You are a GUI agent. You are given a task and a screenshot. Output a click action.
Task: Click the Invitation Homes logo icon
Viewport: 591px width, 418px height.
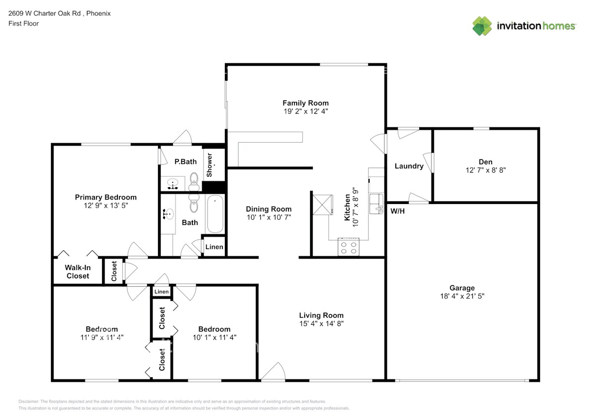coord(482,26)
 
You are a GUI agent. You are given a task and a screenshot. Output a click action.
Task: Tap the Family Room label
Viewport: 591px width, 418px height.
coord(305,103)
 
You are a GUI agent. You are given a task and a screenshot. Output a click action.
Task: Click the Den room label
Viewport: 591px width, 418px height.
coord(485,161)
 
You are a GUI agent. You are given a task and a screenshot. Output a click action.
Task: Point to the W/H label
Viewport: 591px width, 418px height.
coord(397,211)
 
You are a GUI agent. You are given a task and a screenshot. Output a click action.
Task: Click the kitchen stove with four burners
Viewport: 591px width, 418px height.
coord(348,247)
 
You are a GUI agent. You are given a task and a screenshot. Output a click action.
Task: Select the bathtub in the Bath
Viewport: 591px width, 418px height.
coord(215,214)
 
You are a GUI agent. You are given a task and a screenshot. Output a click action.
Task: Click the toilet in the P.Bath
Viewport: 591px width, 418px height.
coord(194,181)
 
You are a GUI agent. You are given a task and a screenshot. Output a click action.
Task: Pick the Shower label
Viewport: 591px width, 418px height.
coord(209,165)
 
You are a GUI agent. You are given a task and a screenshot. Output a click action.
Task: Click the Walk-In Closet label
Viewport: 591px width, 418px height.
coord(78,271)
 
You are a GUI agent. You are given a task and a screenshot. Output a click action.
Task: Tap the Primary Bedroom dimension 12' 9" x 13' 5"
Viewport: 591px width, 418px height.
coord(106,206)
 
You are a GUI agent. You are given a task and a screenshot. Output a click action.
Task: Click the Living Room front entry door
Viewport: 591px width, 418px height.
coord(273,372)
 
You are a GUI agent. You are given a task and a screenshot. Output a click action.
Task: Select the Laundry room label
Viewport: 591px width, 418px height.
coord(409,166)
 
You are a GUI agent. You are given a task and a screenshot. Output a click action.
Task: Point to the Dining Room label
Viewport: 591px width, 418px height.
coord(269,209)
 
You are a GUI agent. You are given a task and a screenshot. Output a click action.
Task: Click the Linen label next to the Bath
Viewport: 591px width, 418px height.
coord(214,247)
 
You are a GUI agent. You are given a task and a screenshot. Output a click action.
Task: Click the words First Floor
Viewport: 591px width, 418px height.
coord(23,23)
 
